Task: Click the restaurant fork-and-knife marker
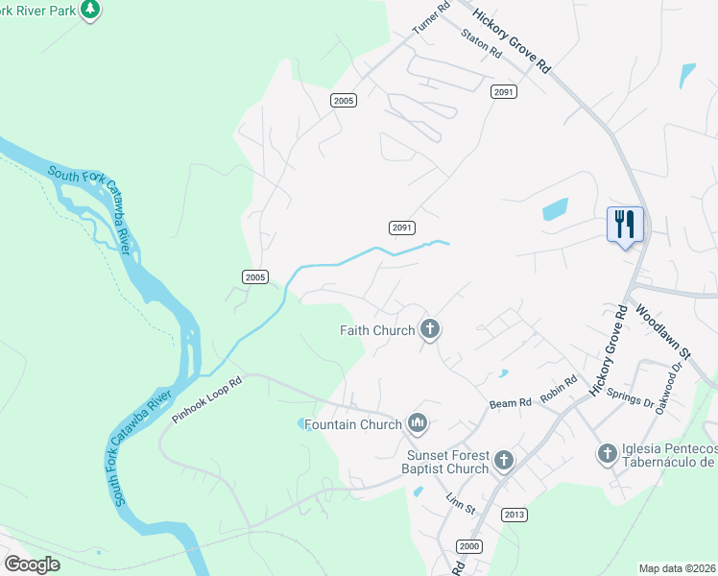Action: tap(625, 225)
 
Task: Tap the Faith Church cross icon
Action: tap(429, 330)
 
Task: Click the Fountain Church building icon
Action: tap(417, 422)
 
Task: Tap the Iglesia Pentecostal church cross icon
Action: tap(607, 452)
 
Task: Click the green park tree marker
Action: tap(90, 10)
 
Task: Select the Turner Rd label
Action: tap(431, 18)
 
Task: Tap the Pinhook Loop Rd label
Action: tap(207, 400)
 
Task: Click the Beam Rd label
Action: tap(511, 403)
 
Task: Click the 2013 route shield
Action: tap(514, 515)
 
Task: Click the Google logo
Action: tap(32, 564)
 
